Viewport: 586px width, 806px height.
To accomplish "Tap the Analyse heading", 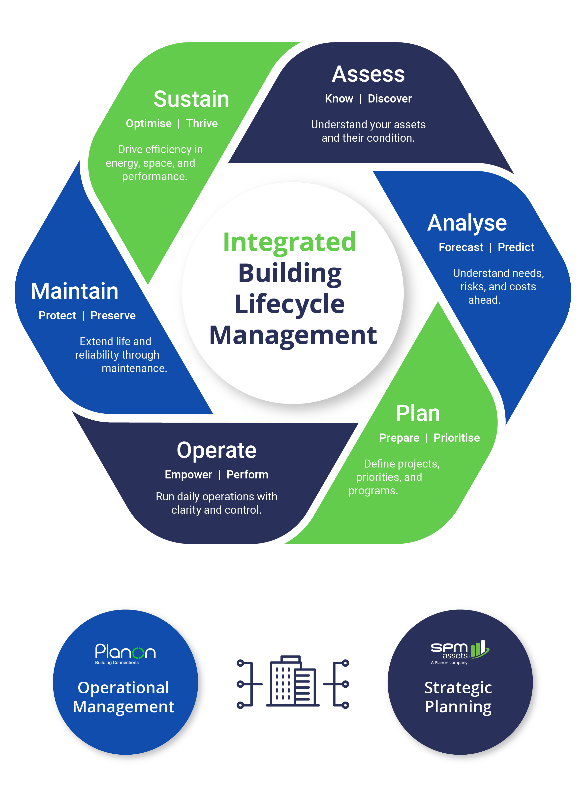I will point(467,223).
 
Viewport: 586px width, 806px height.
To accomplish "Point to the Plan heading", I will point(418,413).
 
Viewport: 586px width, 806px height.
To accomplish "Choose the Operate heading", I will point(216,450).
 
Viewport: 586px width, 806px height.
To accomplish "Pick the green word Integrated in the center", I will point(289,242).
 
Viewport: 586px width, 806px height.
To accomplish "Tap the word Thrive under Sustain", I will point(202,123).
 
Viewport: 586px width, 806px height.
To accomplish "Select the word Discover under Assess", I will point(389,99).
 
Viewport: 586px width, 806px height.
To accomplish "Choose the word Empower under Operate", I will point(188,474).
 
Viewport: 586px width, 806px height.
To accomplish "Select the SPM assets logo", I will point(459,652).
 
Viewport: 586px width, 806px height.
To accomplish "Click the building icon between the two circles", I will point(293,681).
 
